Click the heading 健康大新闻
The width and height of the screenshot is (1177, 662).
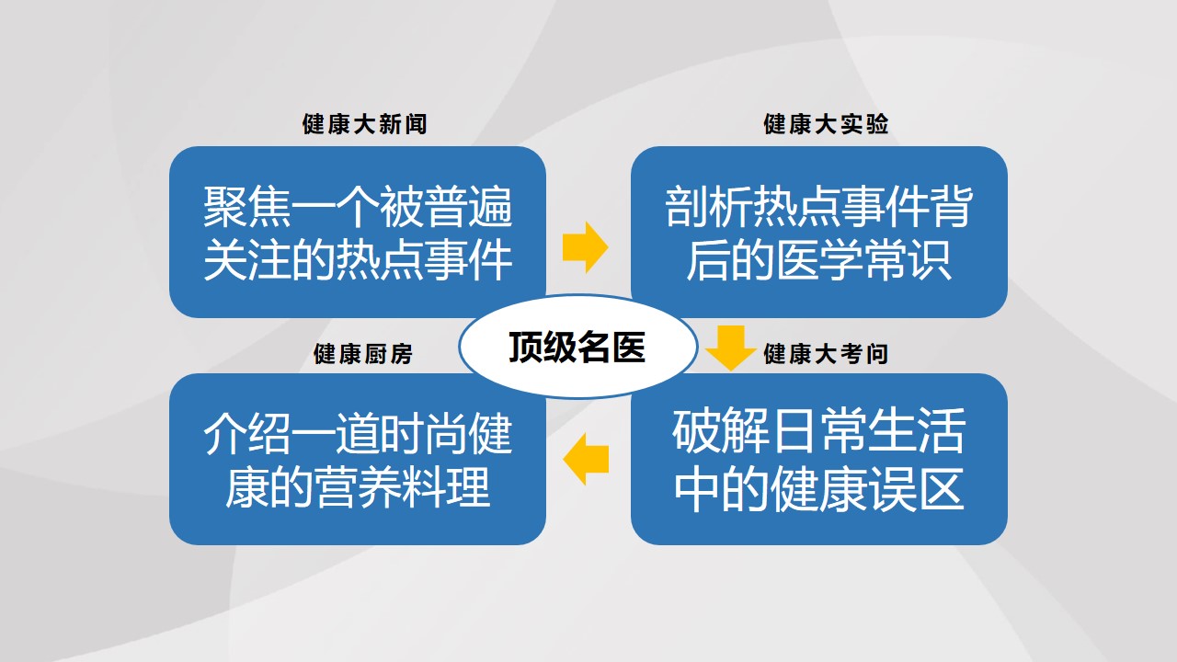point(364,124)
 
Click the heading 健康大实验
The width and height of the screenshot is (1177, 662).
point(826,124)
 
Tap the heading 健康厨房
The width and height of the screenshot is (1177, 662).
point(363,354)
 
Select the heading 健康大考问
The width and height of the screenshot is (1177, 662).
point(826,354)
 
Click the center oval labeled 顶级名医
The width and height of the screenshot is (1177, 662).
point(578,347)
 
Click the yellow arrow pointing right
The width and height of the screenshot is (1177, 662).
point(586,247)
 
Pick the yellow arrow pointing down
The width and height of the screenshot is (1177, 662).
point(731,348)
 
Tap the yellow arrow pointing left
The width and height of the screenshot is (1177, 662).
point(586,459)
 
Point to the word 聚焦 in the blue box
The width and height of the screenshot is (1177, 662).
point(247,207)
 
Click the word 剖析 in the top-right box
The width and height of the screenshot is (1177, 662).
point(708,207)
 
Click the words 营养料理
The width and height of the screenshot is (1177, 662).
point(402,487)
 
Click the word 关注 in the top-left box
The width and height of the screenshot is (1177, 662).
point(247,260)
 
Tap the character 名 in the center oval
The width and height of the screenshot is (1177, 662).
point(594,348)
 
